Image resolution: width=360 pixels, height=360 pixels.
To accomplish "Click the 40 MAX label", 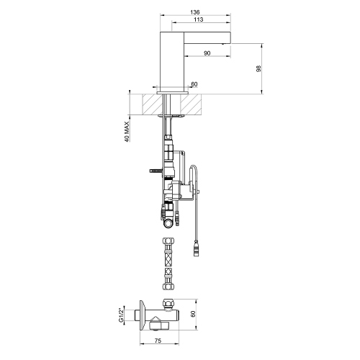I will (127, 132).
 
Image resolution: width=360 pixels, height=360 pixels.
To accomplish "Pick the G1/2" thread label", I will (122, 314).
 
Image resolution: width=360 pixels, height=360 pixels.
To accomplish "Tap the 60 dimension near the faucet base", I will (194, 84).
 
